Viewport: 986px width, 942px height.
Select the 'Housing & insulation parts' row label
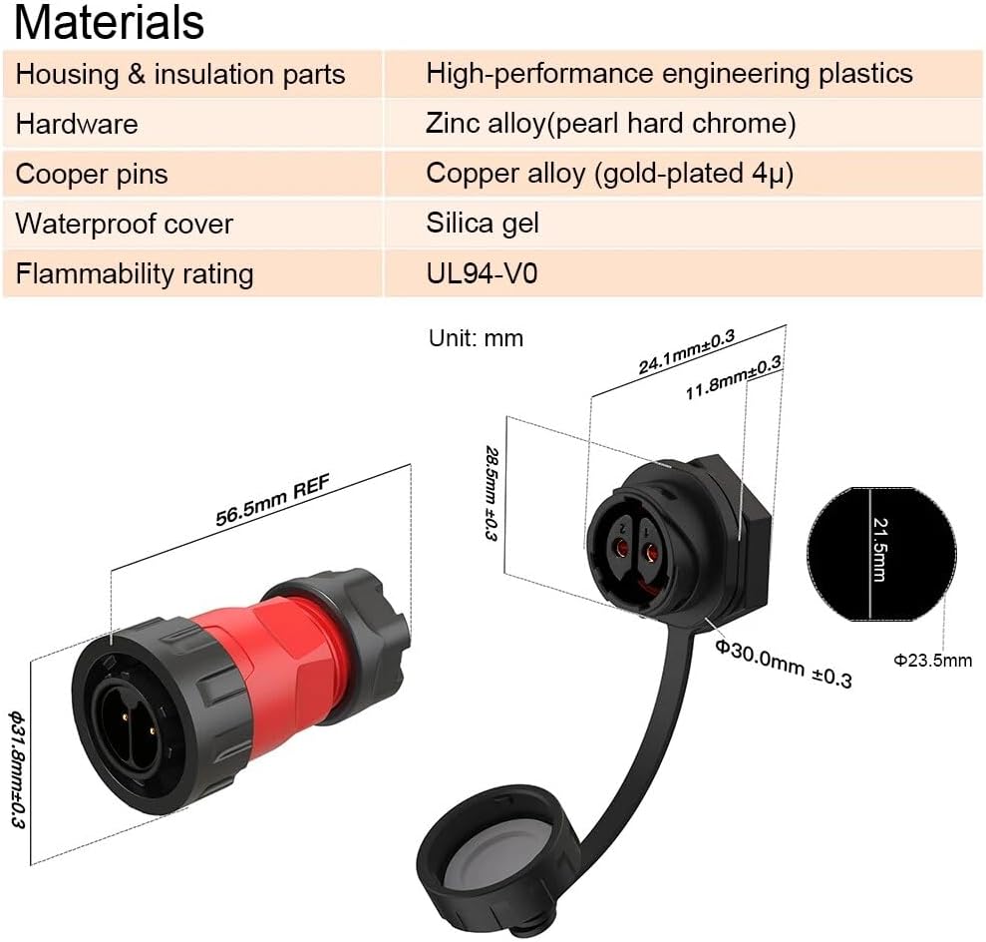click(180, 74)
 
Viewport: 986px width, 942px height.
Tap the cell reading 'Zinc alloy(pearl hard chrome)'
click(610, 124)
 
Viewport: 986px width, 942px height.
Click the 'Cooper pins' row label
click(92, 174)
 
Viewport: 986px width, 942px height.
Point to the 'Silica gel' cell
click(483, 223)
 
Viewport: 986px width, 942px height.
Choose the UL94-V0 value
click(482, 272)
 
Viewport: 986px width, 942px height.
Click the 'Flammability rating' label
click(135, 272)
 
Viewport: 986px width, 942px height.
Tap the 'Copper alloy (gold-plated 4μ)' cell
click(609, 173)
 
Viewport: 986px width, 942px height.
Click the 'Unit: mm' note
click(476, 338)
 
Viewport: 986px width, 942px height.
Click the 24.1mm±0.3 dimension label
click(686, 351)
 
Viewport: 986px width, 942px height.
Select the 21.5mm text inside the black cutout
click(879, 550)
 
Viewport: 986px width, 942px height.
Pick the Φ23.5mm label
click(931, 660)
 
